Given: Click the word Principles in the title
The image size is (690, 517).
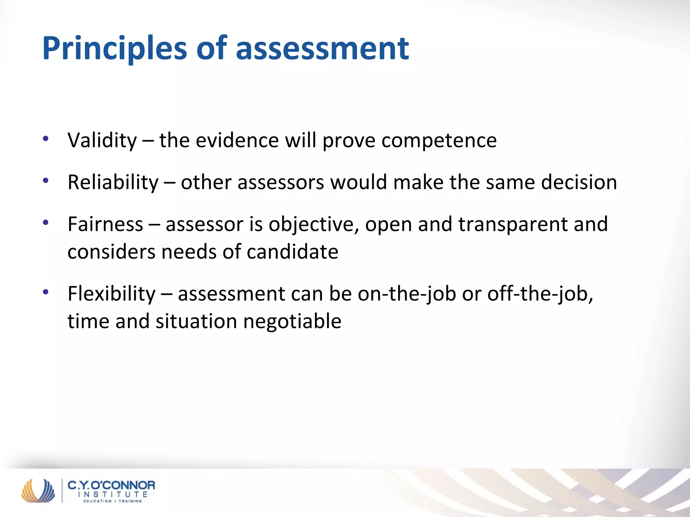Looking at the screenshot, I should click(115, 49).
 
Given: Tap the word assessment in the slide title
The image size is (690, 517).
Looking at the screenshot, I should click(322, 49).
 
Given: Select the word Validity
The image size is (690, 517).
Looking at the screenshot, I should click(102, 140).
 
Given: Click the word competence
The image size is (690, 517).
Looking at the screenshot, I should click(439, 140).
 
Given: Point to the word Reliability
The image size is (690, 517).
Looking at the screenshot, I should click(113, 182).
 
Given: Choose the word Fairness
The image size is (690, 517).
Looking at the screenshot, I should click(105, 224).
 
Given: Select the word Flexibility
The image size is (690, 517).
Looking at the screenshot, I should click(112, 294).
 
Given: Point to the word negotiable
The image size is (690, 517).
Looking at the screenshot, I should click(292, 321).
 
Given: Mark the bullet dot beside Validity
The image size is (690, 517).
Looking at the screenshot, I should click(46, 138).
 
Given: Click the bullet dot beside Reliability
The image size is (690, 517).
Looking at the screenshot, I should click(46, 181).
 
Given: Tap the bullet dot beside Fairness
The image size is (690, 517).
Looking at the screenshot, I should click(46, 222).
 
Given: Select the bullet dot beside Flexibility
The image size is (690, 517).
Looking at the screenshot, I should click(46, 292).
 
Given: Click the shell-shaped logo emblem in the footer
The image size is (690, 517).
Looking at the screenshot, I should click(38, 490).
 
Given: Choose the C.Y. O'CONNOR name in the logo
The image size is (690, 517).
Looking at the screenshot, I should click(112, 485).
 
